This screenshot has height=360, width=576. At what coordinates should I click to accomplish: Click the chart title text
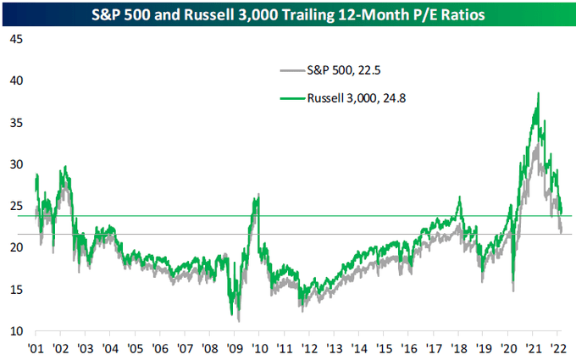288,13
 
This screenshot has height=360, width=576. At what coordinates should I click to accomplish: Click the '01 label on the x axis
36,347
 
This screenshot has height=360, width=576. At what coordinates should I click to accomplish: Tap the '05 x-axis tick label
136,347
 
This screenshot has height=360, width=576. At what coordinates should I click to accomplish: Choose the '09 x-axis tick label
235,347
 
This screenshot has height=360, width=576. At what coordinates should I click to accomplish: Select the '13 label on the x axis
335,347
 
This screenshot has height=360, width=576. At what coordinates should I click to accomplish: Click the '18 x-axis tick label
459,347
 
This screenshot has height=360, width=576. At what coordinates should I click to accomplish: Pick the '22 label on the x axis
559,347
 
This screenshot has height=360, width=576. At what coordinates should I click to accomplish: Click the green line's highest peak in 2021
538,94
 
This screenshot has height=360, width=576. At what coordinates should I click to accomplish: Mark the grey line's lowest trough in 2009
239,320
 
